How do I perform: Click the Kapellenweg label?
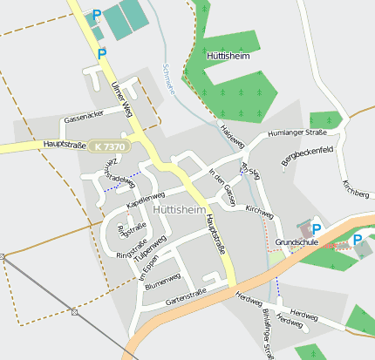146,198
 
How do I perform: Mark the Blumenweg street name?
163,280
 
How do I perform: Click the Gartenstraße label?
184,296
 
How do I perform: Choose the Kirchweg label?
259,210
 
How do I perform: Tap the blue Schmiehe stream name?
169,78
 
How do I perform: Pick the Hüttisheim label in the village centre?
178,210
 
